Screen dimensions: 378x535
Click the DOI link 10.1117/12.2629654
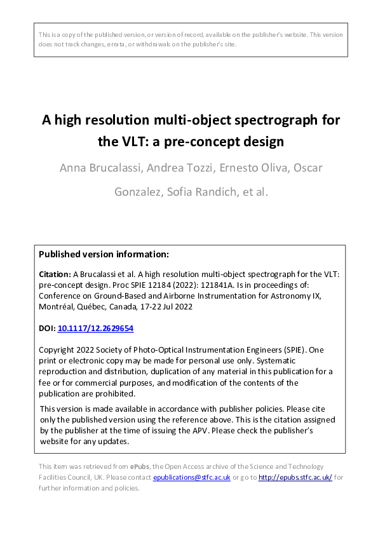pos(95,328)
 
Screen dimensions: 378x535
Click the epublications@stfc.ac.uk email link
pos(191,477)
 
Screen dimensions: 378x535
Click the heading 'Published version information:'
pos(104,254)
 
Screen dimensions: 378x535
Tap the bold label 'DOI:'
pos(47,328)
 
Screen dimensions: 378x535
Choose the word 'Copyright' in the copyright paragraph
pos(58,350)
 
